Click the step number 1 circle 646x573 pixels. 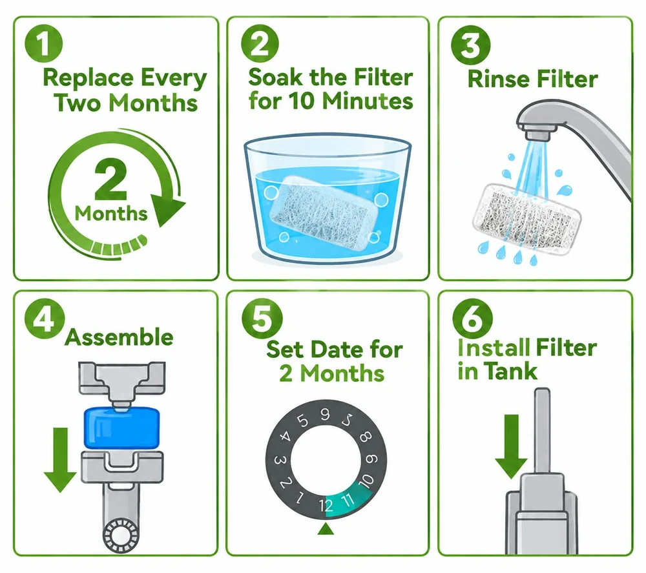(x=44, y=44)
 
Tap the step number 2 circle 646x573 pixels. (x=260, y=44)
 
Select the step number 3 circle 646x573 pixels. (x=471, y=44)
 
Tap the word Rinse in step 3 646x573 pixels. (x=497, y=79)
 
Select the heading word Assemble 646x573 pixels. (x=119, y=337)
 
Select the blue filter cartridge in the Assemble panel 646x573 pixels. (x=121, y=428)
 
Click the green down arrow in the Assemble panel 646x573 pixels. (x=60, y=459)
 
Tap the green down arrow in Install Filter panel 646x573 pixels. (x=511, y=446)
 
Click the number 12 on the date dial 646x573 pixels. (x=326, y=505)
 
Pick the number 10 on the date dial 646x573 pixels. (x=366, y=481)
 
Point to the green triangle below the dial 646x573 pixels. (x=326, y=528)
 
